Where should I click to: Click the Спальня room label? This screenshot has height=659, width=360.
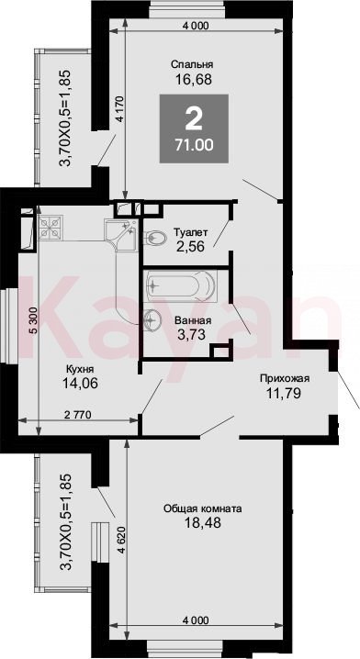pos(192,64)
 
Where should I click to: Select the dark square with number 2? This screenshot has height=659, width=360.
pos(194,128)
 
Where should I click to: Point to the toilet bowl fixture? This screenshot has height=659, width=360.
pos(154,238)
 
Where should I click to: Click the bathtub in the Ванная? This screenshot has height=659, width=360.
pos(180,285)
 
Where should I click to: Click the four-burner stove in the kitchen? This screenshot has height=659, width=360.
pos(51,228)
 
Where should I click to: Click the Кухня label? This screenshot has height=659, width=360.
pos(80,369)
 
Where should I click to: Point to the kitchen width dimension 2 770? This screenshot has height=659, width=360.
pos(77,415)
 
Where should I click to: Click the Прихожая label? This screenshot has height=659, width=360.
pos(285,378)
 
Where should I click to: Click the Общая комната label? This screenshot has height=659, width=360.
pos(203,508)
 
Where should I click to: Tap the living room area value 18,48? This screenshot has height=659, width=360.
pos(203,523)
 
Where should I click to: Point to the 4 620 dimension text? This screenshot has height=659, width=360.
pos(122,539)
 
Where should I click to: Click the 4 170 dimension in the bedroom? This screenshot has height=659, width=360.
pos(121,109)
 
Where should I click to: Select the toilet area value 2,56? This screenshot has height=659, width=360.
pos(191,246)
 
